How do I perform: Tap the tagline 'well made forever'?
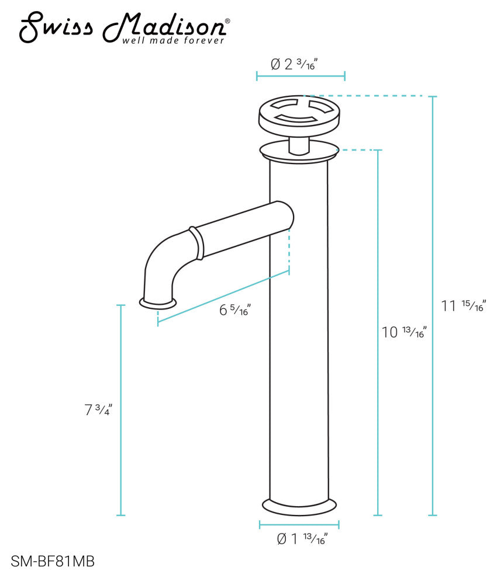(x=173, y=41)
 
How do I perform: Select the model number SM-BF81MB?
(x=53, y=561)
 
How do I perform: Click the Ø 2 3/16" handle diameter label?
(x=299, y=64)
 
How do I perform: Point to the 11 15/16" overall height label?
(x=463, y=306)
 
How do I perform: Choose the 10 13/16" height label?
(x=404, y=333)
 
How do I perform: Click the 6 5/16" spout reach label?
(x=234, y=311)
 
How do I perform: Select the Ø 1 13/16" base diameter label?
(x=301, y=539)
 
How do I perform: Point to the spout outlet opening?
(x=158, y=302)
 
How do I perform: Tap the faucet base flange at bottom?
(x=300, y=506)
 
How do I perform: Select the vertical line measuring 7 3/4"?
(x=121, y=409)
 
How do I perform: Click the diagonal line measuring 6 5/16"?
(x=223, y=297)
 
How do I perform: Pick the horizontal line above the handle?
(x=301, y=76)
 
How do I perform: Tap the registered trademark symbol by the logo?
(x=227, y=22)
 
